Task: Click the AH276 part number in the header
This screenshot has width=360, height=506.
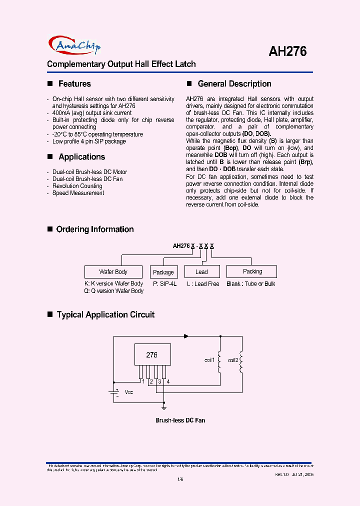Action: [x=287, y=51]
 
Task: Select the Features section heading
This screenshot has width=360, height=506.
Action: [x=74, y=84]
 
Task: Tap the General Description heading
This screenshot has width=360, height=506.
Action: [x=234, y=84]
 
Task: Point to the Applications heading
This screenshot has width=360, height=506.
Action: [x=81, y=157]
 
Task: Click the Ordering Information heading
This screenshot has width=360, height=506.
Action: [x=95, y=229]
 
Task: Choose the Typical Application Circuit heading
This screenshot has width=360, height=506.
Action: [x=105, y=315]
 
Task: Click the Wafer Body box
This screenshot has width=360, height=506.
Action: [x=113, y=272]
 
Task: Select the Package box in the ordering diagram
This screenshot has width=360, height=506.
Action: [x=163, y=272]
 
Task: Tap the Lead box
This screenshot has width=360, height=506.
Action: [x=202, y=272]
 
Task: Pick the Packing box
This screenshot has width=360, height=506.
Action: [x=252, y=271]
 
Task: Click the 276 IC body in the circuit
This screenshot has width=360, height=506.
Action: [x=152, y=355]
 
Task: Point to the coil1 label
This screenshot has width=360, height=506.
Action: [x=209, y=360]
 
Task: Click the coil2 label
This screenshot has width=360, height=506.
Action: [x=233, y=360]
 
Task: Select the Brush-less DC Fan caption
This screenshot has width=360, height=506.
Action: [x=180, y=420]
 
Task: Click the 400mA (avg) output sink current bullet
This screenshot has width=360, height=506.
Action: [x=92, y=113]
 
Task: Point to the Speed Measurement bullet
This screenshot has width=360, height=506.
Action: [x=78, y=193]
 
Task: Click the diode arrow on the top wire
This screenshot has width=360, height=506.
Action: [x=187, y=336]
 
